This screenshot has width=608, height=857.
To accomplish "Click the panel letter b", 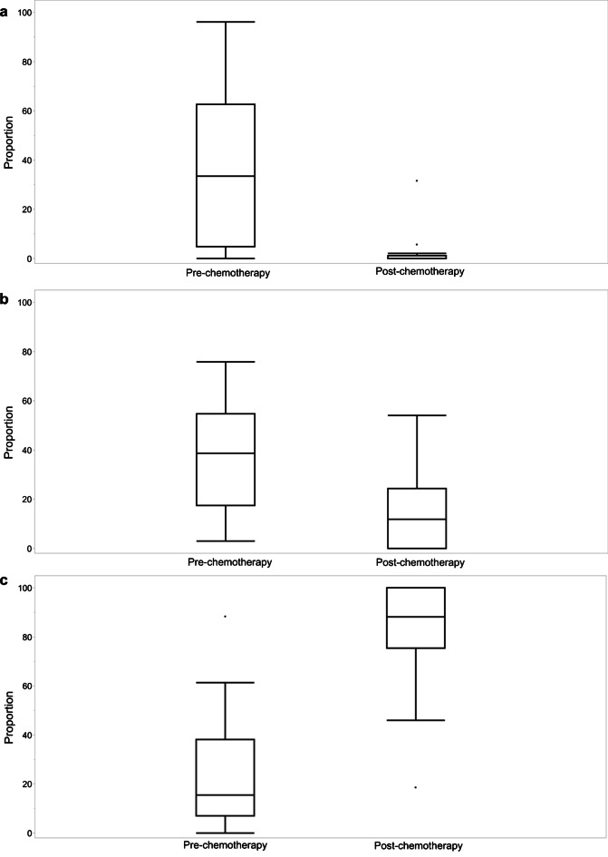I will point(5,297).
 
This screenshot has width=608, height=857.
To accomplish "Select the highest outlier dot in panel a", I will point(416,180).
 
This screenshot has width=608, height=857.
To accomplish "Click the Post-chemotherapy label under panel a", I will point(416,272).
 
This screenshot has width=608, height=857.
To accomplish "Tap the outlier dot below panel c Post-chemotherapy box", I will point(416,787).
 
